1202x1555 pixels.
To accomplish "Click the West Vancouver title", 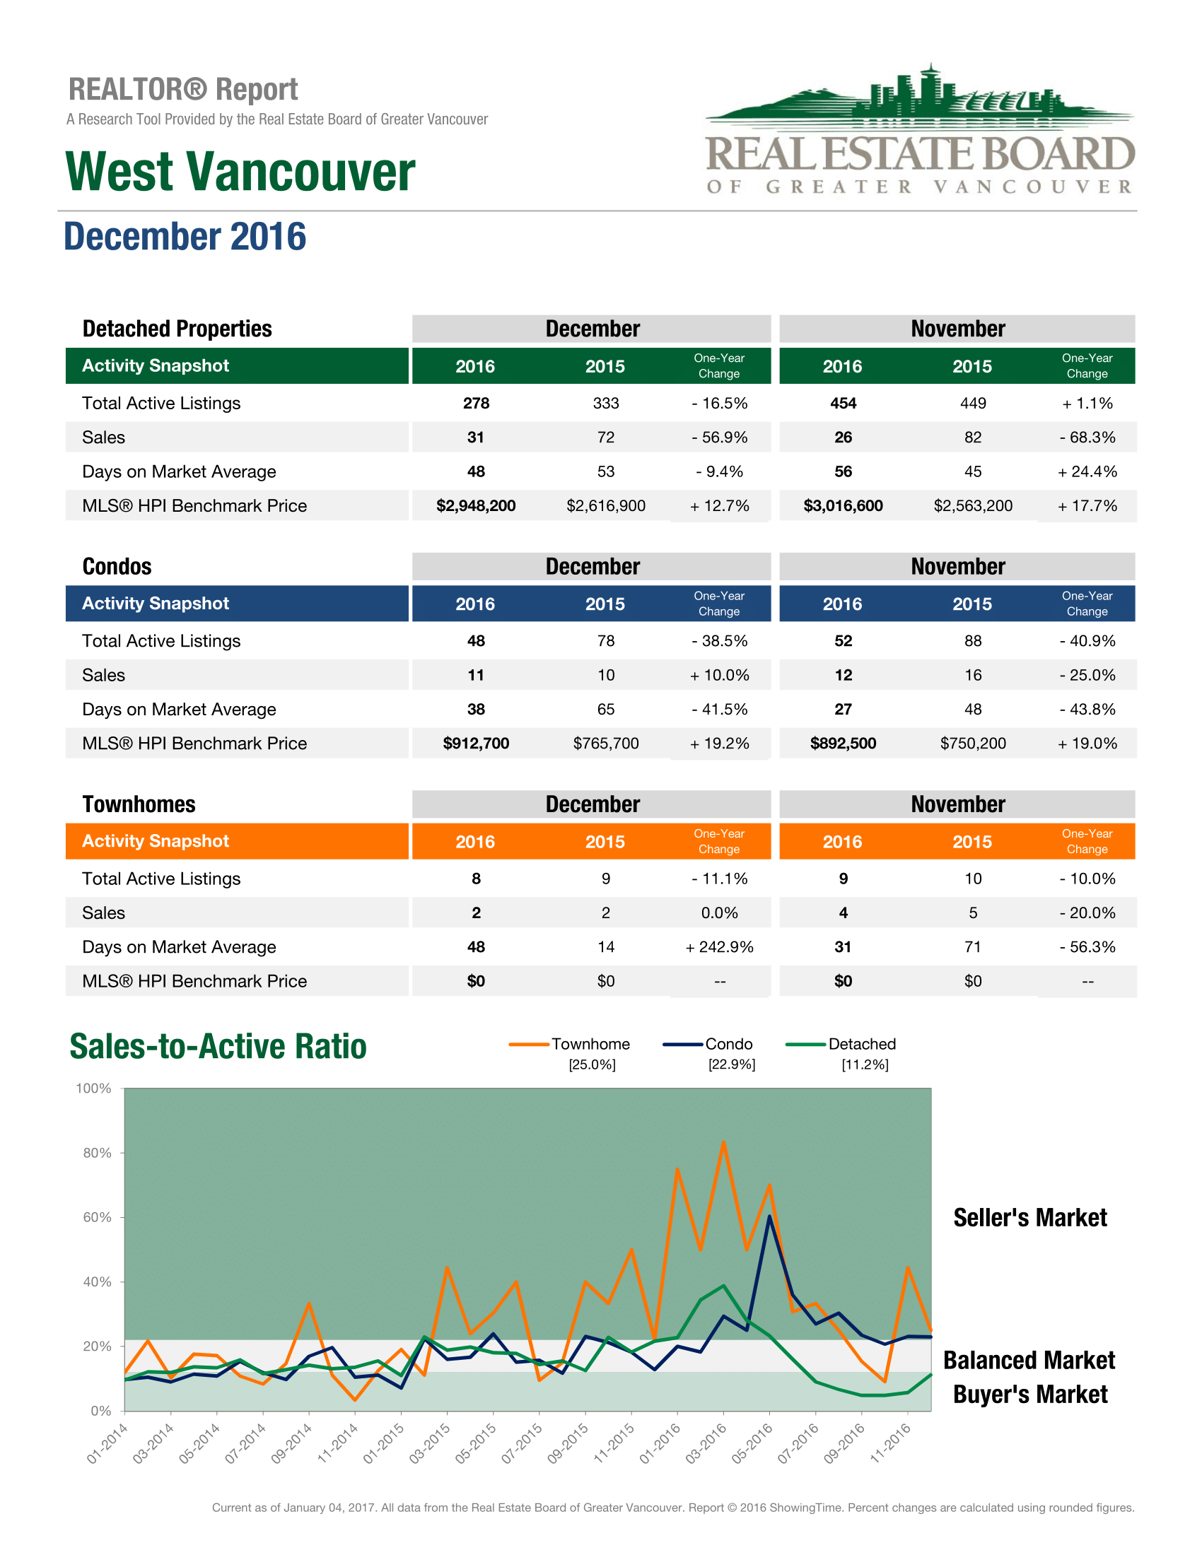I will [x=240, y=172].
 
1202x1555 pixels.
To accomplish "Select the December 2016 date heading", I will [x=185, y=237].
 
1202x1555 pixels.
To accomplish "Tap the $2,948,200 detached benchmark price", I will [x=476, y=506].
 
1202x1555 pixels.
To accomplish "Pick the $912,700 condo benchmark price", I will [x=476, y=744].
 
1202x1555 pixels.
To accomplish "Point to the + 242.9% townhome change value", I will [x=719, y=948].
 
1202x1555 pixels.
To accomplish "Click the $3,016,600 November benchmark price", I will [x=843, y=506].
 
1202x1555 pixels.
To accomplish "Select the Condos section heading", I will [x=117, y=567].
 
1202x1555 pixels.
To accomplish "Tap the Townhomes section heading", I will [x=139, y=804].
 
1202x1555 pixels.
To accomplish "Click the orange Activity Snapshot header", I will [x=156, y=842].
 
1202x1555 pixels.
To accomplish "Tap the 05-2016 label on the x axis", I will [x=752, y=1443].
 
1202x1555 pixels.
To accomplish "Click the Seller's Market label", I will [x=1029, y=1219].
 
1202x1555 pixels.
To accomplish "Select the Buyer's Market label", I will [x=1029, y=1395].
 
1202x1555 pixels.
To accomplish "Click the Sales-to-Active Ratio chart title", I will [x=218, y=1047].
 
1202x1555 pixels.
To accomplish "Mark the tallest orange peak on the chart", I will [x=723, y=1143].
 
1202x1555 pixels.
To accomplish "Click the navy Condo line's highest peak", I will [x=770, y=1216].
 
